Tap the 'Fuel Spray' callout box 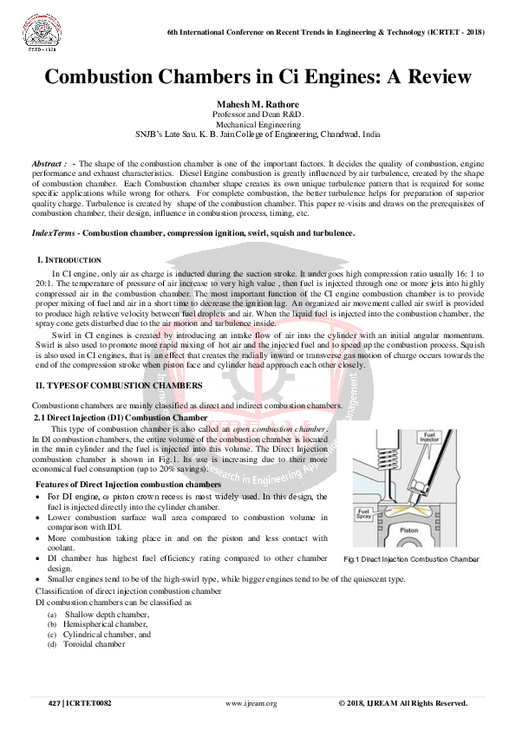365,514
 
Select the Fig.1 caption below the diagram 411,559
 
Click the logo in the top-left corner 36,32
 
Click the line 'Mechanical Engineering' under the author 258,125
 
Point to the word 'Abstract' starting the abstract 47,164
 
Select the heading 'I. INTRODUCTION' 69,260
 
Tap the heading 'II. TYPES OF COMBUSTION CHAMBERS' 118,384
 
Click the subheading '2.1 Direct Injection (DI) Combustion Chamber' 121,418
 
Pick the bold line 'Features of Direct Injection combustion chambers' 127,484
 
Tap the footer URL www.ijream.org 251,703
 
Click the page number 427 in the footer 54,703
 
